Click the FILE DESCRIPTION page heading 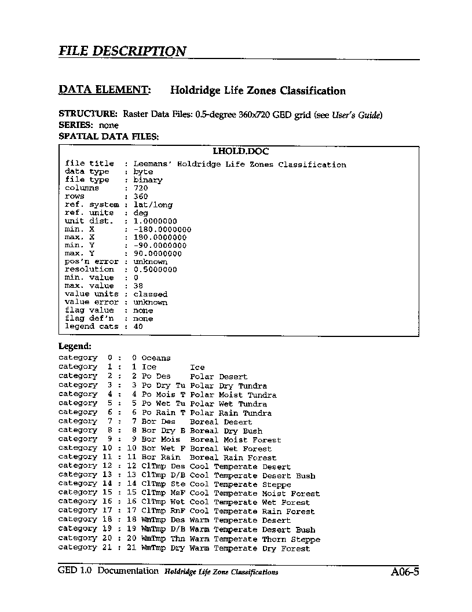122,51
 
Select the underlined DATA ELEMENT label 105,90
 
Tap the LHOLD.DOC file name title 240,152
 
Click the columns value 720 140,188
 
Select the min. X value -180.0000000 162,229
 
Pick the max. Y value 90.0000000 157,254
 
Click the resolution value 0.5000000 155,270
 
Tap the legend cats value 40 138,327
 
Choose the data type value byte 142,172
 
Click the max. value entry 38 138,286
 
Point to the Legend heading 75,346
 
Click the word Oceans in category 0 156,358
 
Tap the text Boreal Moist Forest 243,440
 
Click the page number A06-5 404,572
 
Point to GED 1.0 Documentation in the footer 108,571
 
